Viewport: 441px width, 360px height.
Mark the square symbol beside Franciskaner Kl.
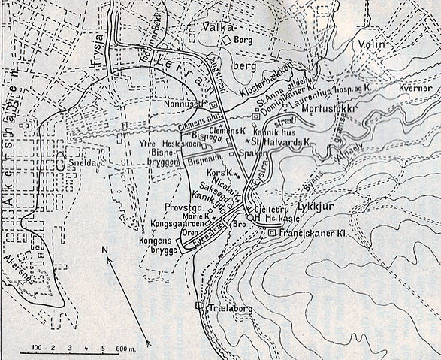point(272,233)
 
